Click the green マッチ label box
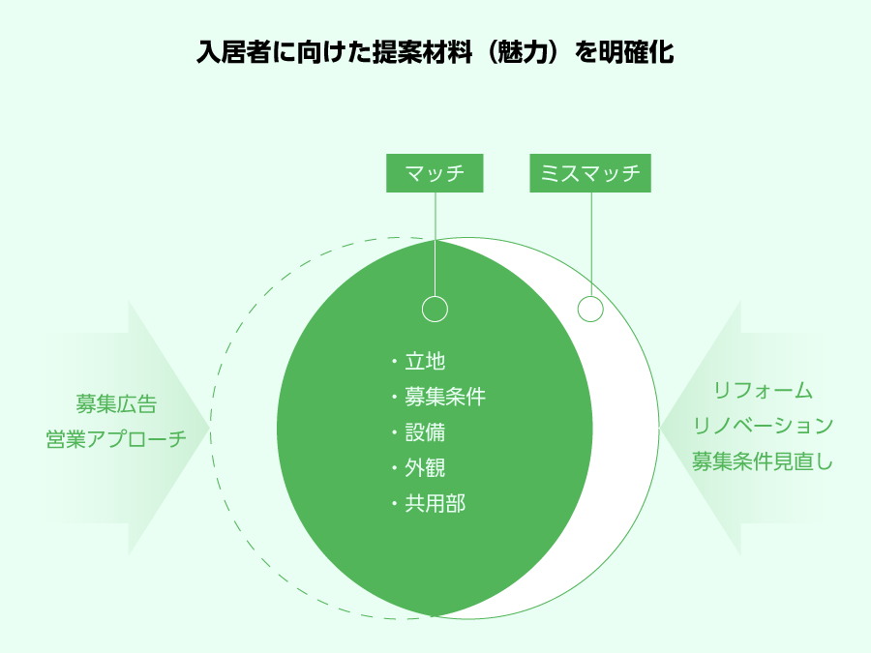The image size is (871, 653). (435, 173)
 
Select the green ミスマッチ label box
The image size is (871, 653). (590, 173)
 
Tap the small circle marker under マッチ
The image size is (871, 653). (435, 309)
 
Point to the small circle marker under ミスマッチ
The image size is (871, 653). (590, 309)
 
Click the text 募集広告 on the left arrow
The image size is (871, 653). (116, 404)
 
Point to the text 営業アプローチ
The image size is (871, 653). (116, 439)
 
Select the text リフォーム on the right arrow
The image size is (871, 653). (763, 391)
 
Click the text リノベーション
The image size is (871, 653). (763, 426)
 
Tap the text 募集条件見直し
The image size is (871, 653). (763, 461)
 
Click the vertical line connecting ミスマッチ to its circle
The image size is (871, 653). (591, 245)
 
